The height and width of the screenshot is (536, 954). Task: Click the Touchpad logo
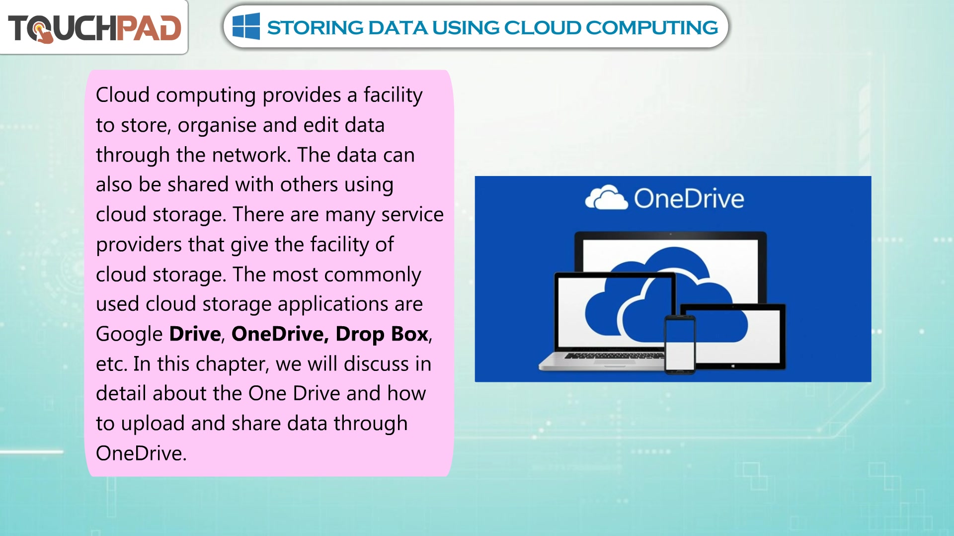(94, 28)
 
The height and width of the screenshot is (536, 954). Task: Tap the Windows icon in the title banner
(246, 26)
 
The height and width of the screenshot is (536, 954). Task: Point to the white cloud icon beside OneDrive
(606, 197)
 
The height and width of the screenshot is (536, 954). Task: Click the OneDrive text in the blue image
(689, 198)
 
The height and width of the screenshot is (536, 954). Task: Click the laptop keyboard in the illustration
(614, 356)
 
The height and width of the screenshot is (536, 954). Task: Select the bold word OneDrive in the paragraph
(280, 334)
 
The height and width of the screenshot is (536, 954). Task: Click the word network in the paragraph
(251, 155)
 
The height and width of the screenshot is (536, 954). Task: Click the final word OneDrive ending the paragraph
(141, 453)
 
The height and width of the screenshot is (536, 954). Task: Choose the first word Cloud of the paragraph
(123, 95)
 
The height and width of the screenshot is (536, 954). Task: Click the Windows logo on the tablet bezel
(733, 366)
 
